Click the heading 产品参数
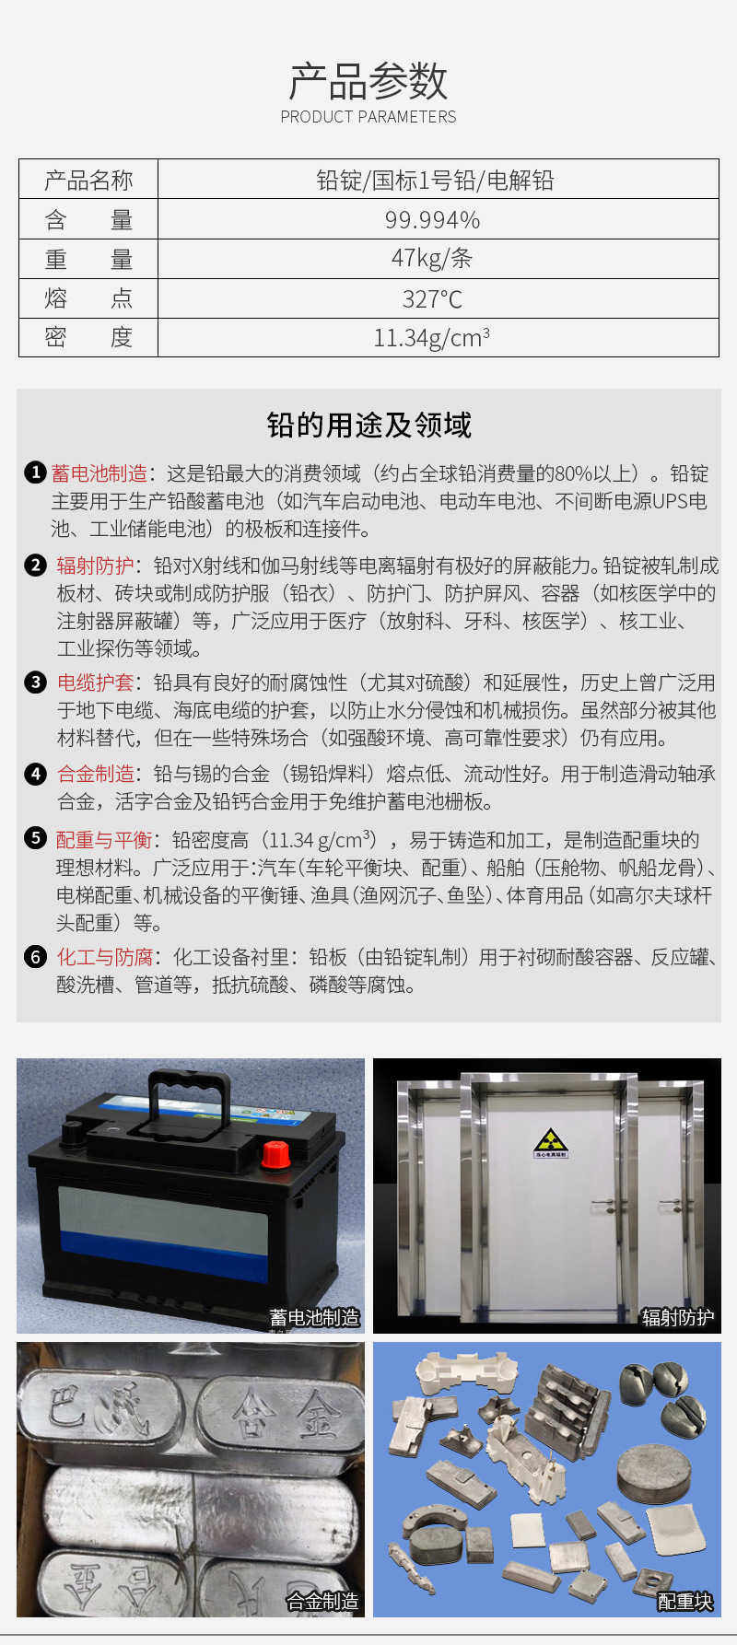pos(368,81)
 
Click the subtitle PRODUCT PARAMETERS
pos(368,117)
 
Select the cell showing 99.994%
pos(432,220)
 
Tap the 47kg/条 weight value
pos(432,259)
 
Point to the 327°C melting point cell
pos(432,298)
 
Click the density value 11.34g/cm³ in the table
pos(432,338)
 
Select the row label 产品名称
pos(88,181)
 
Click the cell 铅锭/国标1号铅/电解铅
pos(435,181)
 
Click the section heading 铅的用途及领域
pos(368,426)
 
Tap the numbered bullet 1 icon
pos(35,473)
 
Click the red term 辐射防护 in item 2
pos(95,566)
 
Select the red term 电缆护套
pos(95,682)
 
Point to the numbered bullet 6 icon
pos(35,957)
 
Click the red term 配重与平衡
pos(103,840)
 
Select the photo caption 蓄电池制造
pos(315,1318)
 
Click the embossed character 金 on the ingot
pos(316,1417)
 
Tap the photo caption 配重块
pos(684,1602)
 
